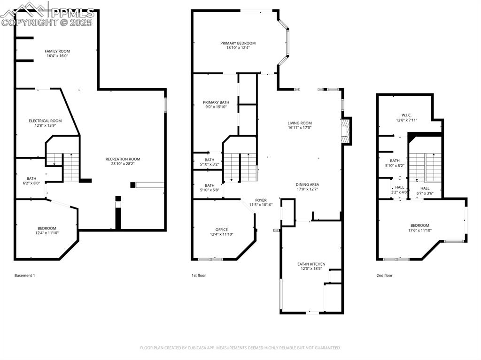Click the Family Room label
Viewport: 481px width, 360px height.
[x=57, y=51]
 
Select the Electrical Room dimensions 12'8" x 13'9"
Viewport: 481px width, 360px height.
[x=45, y=125]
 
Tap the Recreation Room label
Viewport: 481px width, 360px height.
[x=123, y=159]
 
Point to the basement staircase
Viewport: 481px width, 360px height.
[x=70, y=167]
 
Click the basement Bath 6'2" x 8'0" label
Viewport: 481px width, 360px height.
[x=31, y=178]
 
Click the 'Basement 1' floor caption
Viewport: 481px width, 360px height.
[x=24, y=276]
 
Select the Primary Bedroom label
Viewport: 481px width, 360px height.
[x=238, y=43]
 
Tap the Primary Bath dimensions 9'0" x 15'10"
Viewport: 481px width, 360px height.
[x=216, y=107]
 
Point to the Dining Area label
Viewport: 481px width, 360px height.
[x=307, y=184]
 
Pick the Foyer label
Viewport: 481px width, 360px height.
[x=261, y=200]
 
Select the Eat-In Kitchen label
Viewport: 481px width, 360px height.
[x=311, y=264]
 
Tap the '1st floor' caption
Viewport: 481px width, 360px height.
[x=198, y=276]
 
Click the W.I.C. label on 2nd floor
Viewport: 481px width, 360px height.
[x=406, y=115]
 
